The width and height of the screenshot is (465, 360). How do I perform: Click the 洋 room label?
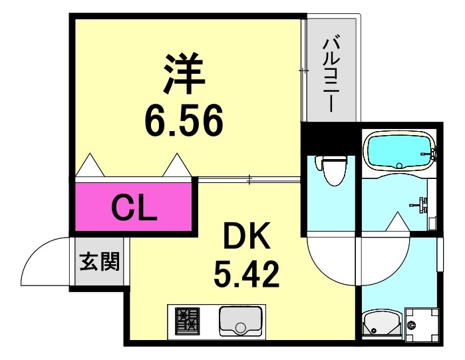pyautogui.click(x=183, y=74)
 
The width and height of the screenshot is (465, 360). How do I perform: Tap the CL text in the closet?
pyautogui.click(x=133, y=208)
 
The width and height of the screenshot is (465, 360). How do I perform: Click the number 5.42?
pyautogui.click(x=245, y=272)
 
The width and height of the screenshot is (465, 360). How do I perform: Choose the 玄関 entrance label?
pyautogui.click(x=100, y=262)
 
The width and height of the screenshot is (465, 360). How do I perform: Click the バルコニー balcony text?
pyautogui.click(x=331, y=74)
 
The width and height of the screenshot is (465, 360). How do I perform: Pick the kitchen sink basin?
pyautogui.click(x=241, y=321)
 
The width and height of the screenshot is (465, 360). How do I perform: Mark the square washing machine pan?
pyautogui.click(x=420, y=324)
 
